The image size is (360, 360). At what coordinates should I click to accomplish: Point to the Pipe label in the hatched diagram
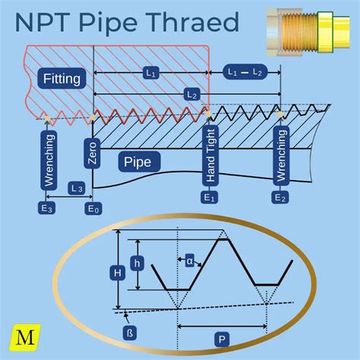137,162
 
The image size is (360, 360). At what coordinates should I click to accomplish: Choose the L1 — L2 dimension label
245,71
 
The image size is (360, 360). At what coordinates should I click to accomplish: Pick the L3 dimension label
75,186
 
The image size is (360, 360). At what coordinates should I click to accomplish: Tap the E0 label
93,207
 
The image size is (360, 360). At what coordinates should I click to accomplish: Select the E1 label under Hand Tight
209,197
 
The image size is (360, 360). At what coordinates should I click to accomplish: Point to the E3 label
47,207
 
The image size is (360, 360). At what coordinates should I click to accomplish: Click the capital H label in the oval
116,270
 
